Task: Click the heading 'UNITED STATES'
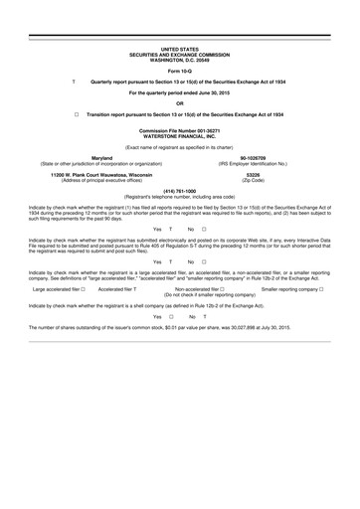coord(179,47)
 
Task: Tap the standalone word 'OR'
coord(179,102)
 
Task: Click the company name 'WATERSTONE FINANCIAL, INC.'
coord(179,135)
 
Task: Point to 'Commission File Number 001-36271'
coord(179,129)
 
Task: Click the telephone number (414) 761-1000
coord(179,190)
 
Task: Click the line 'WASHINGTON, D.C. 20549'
coord(179,57)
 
